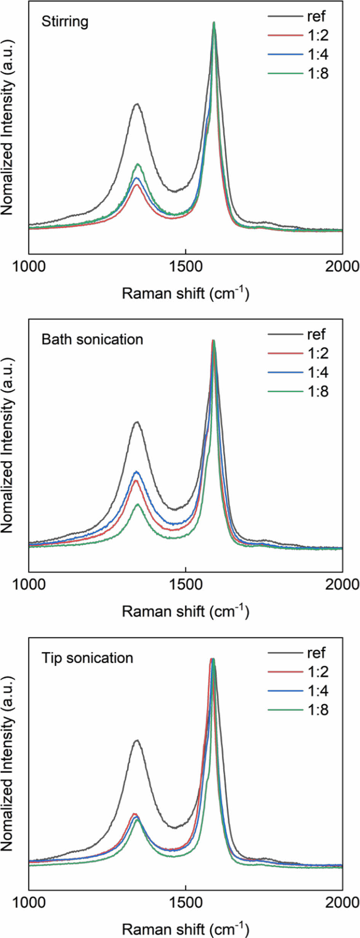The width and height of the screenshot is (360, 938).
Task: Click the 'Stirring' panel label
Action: coord(65,22)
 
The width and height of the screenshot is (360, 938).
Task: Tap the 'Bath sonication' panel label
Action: coord(92,339)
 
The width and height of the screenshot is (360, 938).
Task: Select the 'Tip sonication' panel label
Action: coord(87,658)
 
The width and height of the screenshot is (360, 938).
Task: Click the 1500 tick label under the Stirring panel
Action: coord(186,266)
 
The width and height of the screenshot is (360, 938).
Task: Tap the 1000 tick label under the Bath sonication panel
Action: coord(29,584)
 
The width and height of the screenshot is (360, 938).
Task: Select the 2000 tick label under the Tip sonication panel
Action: coord(342,903)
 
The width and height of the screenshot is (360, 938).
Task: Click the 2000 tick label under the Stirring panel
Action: coord(342,266)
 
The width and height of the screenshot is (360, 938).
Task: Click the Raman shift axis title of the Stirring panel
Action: coord(186,293)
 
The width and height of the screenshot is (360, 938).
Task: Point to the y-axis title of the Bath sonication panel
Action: coord(7,446)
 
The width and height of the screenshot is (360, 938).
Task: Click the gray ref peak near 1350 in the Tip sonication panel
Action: coord(137,740)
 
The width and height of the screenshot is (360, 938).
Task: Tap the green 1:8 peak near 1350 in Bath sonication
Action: coord(138,504)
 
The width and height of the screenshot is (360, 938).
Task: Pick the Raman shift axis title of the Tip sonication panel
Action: coord(186,929)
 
